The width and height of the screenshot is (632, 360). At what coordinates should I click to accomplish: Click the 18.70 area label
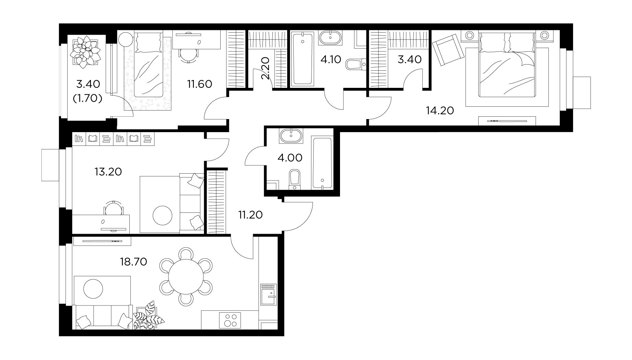click(133, 262)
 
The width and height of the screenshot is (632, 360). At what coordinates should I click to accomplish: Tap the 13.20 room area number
click(108, 172)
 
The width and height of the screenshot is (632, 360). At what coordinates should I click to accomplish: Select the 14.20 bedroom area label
click(440, 111)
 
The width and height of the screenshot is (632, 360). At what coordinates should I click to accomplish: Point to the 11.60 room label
click(200, 84)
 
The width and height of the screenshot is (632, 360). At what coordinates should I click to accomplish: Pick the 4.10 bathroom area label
click(331, 60)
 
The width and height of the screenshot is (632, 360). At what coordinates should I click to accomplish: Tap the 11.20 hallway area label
click(250, 215)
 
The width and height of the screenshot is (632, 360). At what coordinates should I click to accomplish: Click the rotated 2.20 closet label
click(267, 68)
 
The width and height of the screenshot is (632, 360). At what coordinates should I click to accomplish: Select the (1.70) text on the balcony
click(87, 99)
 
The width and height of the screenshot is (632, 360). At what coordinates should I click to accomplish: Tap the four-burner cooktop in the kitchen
click(231, 320)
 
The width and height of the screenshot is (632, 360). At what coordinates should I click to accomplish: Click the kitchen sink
click(268, 294)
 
